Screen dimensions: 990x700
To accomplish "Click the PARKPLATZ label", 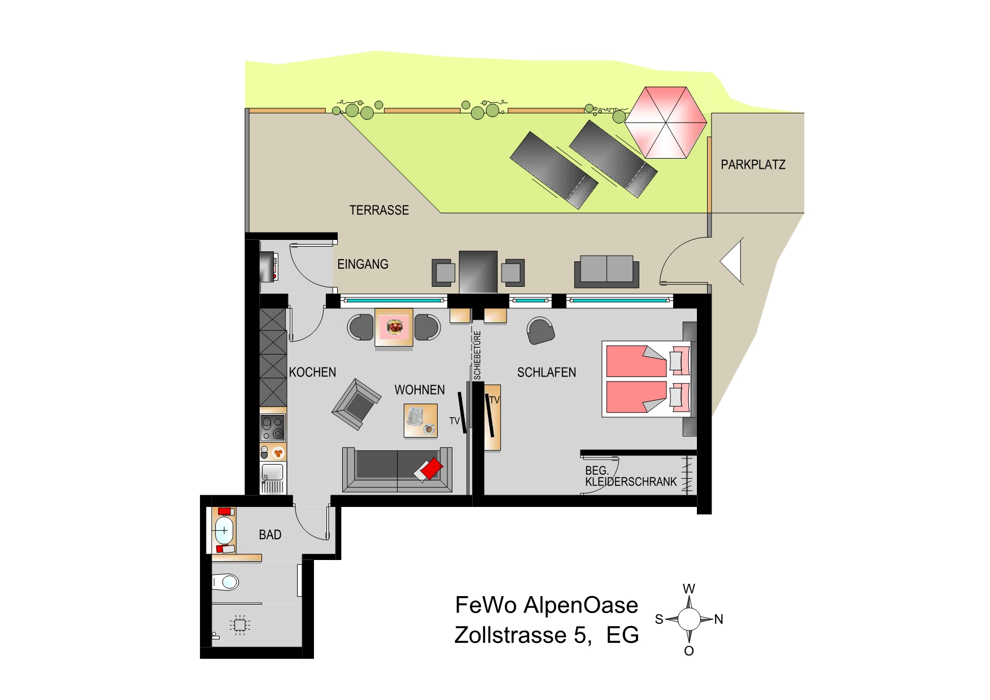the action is click(753, 165).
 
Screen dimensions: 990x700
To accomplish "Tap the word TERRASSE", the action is click(379, 210).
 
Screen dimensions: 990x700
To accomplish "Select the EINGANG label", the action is click(363, 264).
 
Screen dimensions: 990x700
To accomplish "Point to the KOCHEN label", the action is click(312, 373).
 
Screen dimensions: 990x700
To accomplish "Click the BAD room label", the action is click(270, 535).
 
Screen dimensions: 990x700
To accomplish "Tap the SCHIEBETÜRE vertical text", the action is click(478, 355).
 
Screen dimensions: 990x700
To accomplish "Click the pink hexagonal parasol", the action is click(666, 123).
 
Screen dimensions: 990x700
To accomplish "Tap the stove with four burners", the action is click(272, 427).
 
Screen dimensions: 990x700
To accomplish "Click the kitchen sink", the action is click(273, 478).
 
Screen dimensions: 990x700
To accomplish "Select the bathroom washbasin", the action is click(224, 530).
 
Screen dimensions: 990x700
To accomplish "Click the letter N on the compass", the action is click(718, 619).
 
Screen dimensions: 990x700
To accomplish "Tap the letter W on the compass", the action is click(689, 589).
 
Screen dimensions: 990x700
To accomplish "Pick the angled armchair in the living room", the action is click(356, 404).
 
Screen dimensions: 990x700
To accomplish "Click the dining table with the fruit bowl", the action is click(394, 327).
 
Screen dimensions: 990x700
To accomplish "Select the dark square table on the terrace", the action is click(478, 272).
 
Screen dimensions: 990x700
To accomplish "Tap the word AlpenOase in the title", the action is click(581, 605).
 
